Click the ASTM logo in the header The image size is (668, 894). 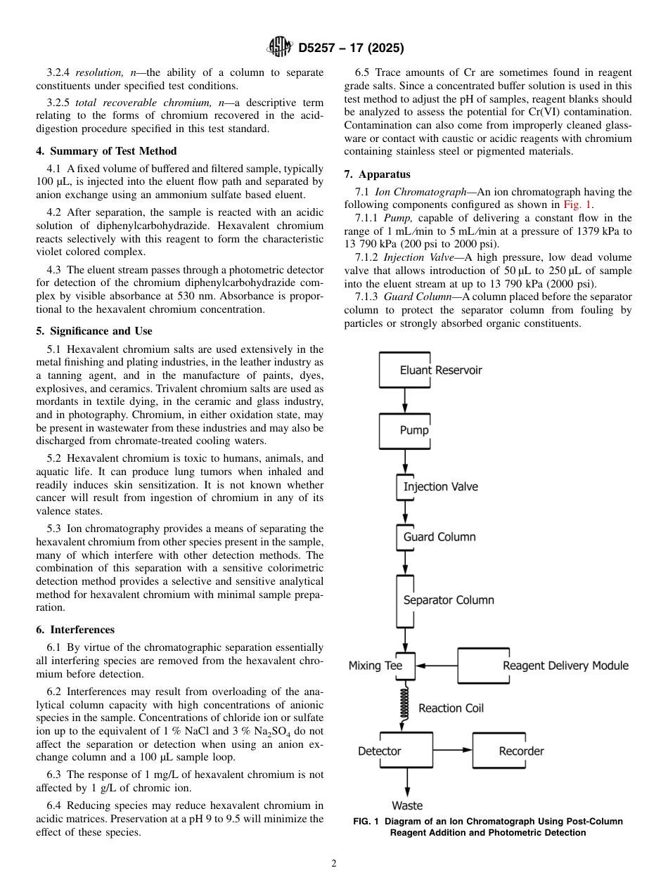pyautogui.click(x=280, y=48)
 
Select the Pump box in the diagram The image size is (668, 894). pyautogui.click(x=405, y=430)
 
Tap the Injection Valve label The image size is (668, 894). pyautogui.click(x=440, y=487)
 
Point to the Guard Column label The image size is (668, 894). pyautogui.click(x=439, y=537)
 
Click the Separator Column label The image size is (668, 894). pyautogui.click(x=448, y=600)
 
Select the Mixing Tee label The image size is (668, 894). pyautogui.click(x=375, y=666)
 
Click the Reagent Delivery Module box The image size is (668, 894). pyautogui.click(x=544, y=666)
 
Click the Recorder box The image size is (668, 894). pyautogui.click(x=520, y=751)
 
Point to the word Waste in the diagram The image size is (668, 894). pyautogui.click(x=407, y=805)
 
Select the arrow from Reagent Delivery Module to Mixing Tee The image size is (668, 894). pyautogui.click(x=436, y=666)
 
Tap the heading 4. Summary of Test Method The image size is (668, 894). pyautogui.click(x=106, y=151)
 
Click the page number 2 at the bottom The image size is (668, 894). pyautogui.click(x=334, y=864)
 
